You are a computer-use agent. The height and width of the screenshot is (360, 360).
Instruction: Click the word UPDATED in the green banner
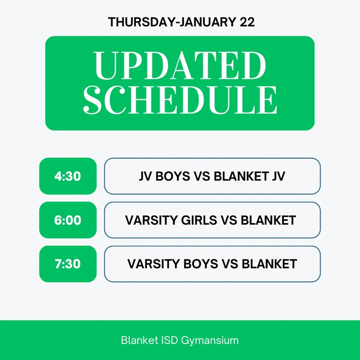coord(180,66)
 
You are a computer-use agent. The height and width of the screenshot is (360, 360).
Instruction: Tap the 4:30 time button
coord(68,176)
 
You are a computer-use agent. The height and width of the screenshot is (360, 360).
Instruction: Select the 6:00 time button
coord(68,220)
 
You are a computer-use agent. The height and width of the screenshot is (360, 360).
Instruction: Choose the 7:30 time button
coord(68,264)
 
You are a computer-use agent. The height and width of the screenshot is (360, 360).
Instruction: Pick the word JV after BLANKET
coord(278,176)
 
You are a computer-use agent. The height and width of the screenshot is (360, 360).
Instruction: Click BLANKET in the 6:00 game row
coord(268,220)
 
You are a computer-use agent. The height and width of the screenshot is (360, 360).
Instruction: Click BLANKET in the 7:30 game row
coord(269,264)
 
